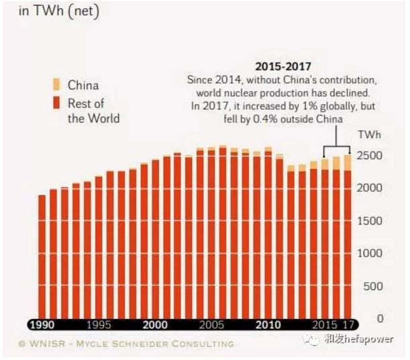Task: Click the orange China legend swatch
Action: pos(56,84)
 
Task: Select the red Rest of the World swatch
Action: pos(56,103)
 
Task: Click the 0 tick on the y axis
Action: pos(380,319)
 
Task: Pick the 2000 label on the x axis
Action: pos(155,324)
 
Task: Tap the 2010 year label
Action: pos(268,324)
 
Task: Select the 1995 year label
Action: pos(99,324)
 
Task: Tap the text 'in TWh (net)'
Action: pos(58,11)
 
